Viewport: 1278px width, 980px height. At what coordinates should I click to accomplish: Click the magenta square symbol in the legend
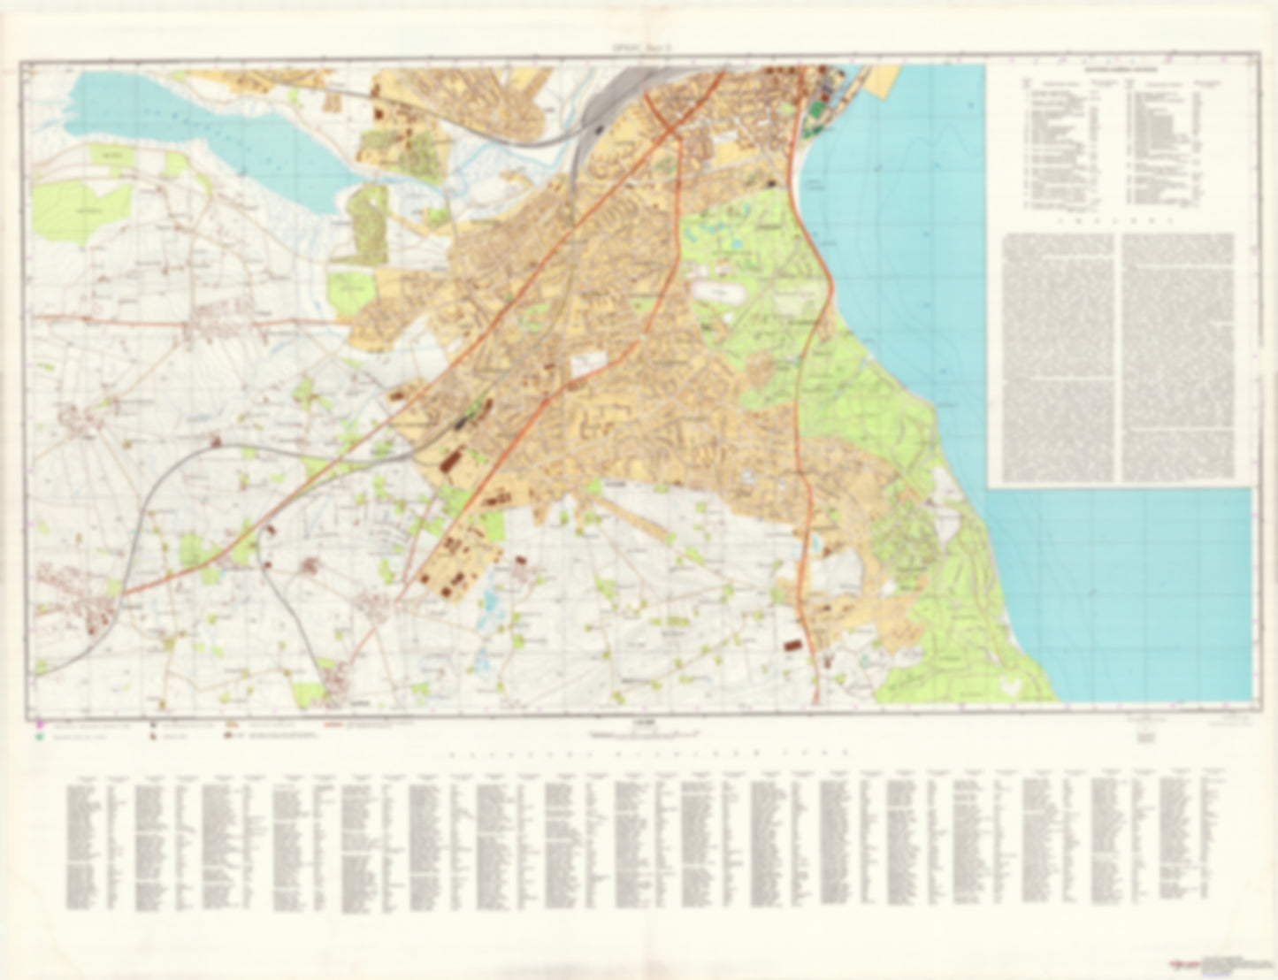click(40, 726)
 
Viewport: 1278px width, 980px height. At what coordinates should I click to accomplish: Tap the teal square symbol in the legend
click(40, 736)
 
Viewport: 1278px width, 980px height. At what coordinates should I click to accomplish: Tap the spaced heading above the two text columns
click(1120, 225)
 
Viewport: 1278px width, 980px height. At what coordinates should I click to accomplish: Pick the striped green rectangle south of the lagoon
click(368, 226)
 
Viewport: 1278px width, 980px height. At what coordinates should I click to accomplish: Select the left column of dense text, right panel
click(1057, 357)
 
